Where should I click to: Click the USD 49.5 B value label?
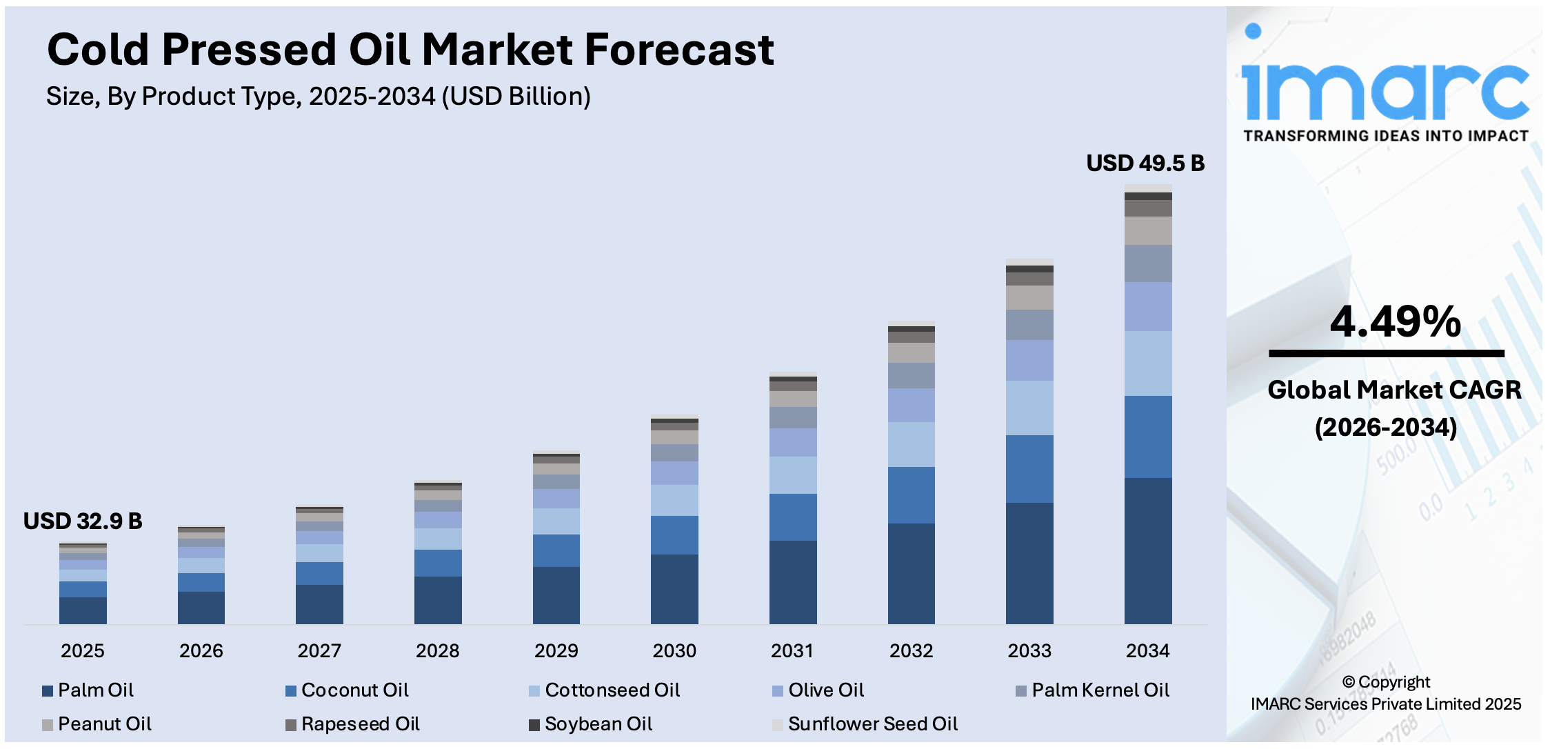tap(1145, 163)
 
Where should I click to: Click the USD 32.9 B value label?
tap(83, 521)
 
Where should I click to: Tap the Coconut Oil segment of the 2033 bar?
tap(1029, 468)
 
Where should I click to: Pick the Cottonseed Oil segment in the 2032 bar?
tap(911, 444)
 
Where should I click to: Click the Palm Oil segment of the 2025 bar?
tap(83, 610)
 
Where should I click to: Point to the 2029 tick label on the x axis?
tap(556, 650)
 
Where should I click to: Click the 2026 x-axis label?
tap(201, 650)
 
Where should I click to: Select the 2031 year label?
tap(792, 650)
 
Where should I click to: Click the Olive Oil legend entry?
tap(825, 690)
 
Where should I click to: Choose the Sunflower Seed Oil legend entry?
tap(872, 724)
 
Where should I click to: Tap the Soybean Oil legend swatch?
tap(534, 725)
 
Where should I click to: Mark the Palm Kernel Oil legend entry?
tap(1100, 690)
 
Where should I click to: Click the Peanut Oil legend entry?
tap(104, 724)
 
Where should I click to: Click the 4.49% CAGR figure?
tap(1394, 322)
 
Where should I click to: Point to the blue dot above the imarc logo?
tap(1253, 31)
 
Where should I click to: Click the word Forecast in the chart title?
tap(678, 50)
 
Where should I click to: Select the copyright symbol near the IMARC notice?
tap(1349, 683)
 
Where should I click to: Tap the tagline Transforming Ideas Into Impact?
tap(1386, 136)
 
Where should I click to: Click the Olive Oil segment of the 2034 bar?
tap(1147, 306)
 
